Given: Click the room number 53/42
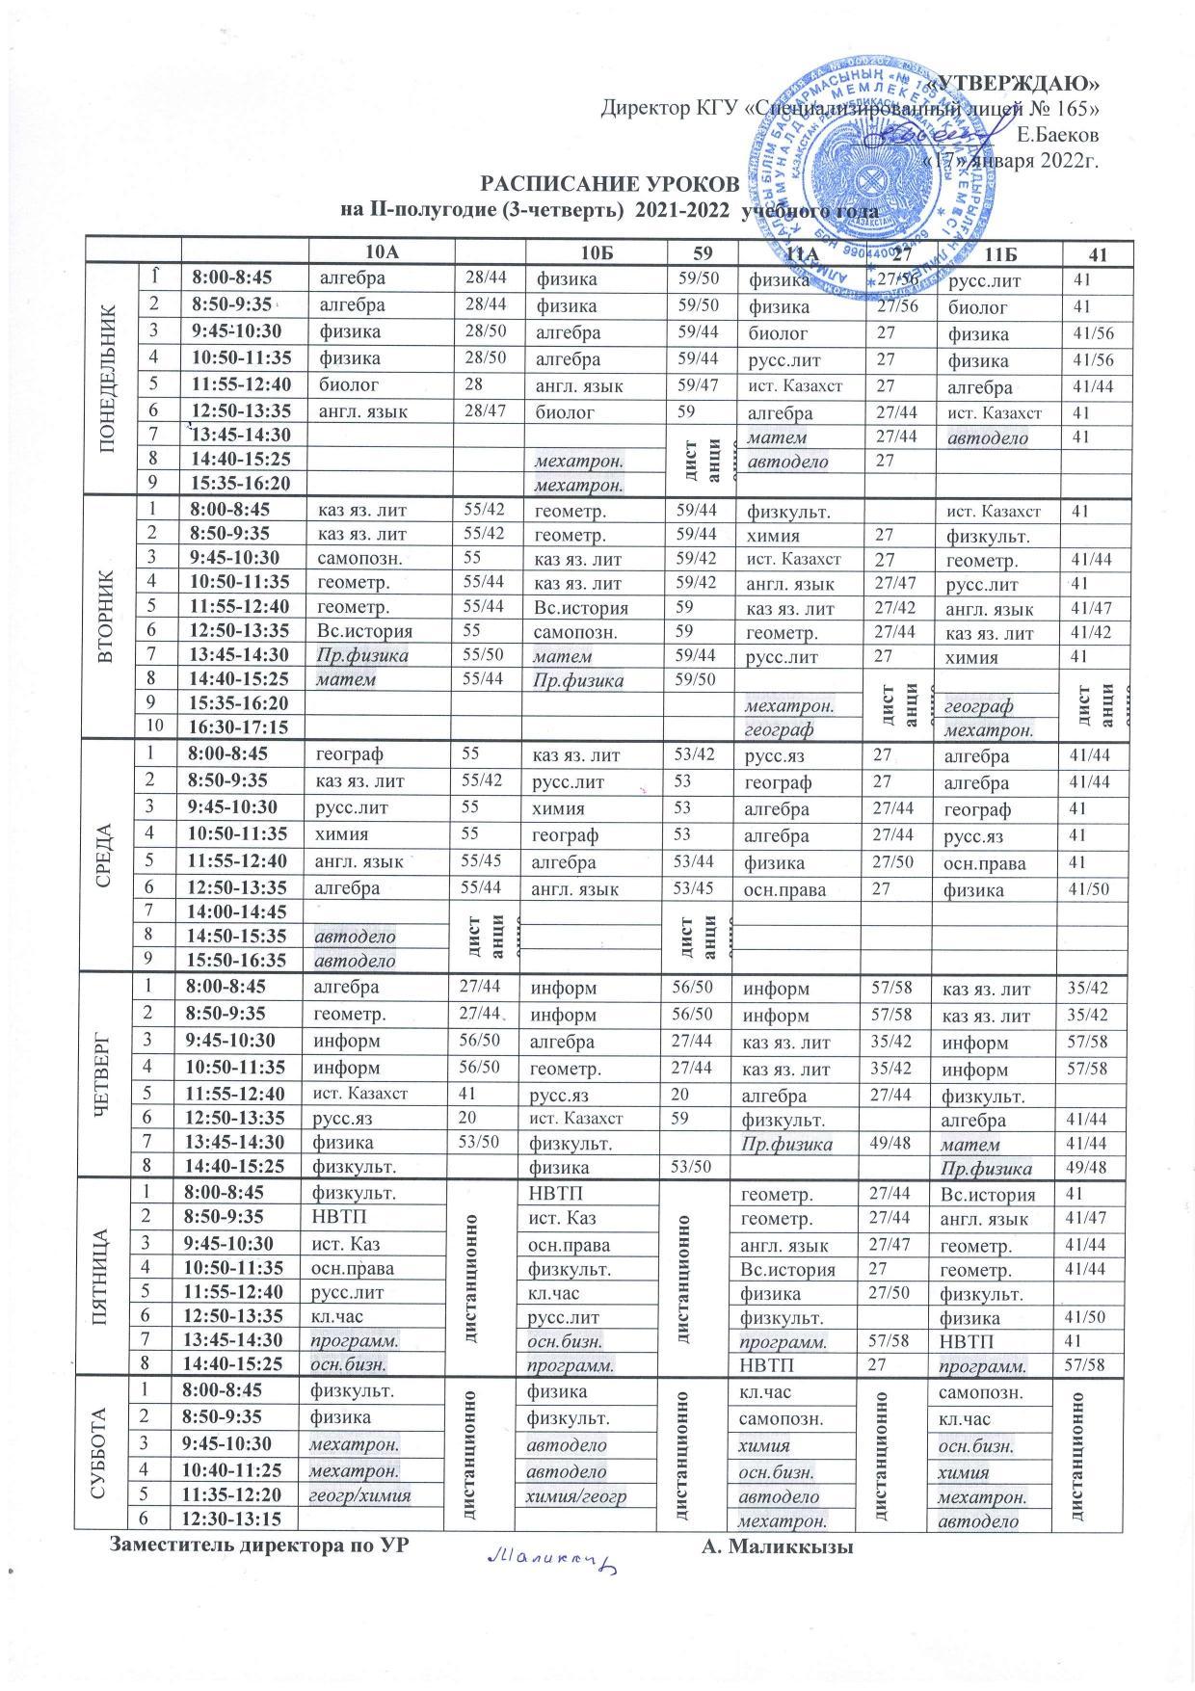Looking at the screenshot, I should point(695,753).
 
